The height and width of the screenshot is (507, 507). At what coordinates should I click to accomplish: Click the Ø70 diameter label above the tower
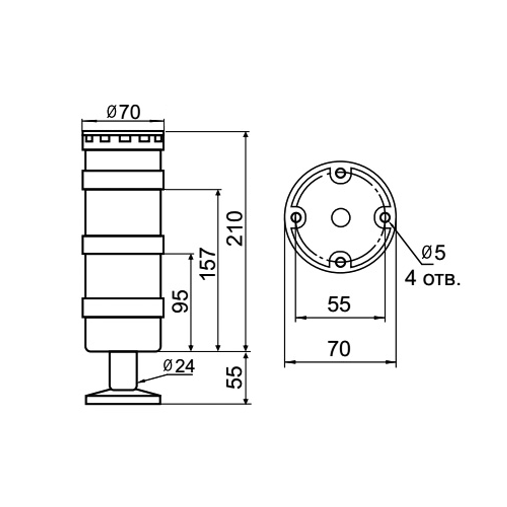point(123,112)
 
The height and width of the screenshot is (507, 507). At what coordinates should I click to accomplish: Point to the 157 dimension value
point(207,263)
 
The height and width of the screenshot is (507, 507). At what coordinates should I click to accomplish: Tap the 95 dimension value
point(180,301)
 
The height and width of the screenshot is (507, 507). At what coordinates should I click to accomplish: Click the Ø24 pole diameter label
point(178,366)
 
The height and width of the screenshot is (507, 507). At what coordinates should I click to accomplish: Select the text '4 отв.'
point(432,278)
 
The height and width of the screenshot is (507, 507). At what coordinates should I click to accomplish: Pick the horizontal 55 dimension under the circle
point(339,304)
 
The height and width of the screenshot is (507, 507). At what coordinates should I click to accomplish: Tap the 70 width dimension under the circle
point(339,349)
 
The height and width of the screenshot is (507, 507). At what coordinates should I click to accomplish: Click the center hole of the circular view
point(340,218)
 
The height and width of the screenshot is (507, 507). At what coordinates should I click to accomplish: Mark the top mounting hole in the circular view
point(340,173)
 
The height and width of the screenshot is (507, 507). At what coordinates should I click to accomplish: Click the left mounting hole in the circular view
point(296,218)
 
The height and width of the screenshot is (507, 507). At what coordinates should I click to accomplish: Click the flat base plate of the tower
point(123,400)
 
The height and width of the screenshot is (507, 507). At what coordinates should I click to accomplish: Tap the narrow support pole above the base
point(123,370)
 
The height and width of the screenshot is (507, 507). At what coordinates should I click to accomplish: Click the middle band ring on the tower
point(123,245)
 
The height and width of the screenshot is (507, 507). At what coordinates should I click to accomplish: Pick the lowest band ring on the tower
point(123,308)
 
